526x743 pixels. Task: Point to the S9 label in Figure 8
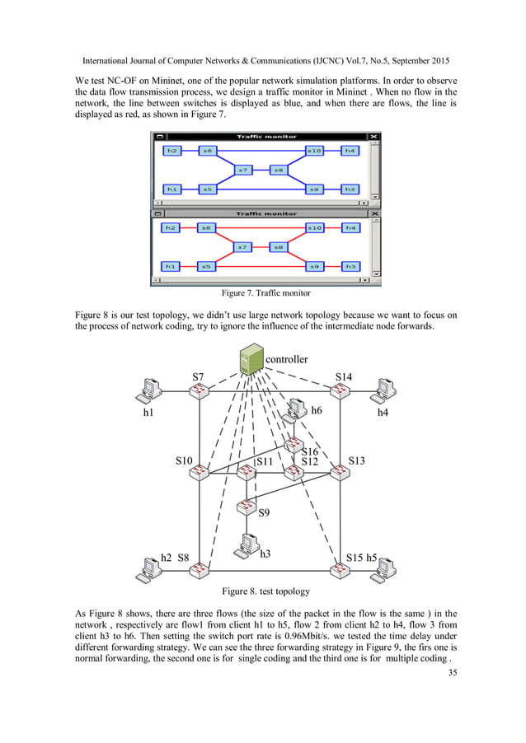tap(264, 513)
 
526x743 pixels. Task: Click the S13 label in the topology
tap(356, 460)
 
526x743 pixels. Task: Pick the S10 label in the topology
tap(184, 461)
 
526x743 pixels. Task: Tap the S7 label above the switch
tap(199, 376)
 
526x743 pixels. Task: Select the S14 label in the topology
tap(344, 376)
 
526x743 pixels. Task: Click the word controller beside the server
tap(288, 359)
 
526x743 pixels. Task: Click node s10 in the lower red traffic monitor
tap(314, 227)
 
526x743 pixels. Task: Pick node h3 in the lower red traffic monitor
tap(350, 266)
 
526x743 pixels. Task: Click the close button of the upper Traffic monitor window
tap(374, 137)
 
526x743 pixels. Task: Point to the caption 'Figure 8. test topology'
tap(265, 591)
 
